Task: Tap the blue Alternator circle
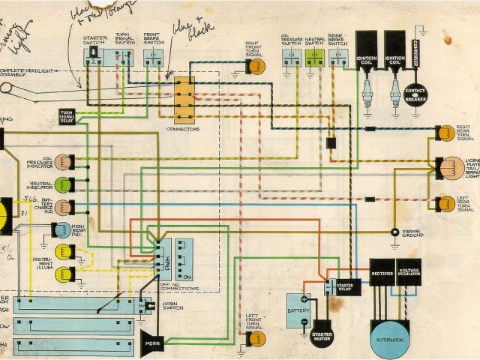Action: tap(396, 339)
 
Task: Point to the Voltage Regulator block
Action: tap(410, 275)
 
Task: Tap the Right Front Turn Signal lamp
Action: tap(256, 66)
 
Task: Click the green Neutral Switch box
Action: tap(313, 57)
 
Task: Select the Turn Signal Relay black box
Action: tap(68, 115)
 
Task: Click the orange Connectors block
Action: tap(184, 98)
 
